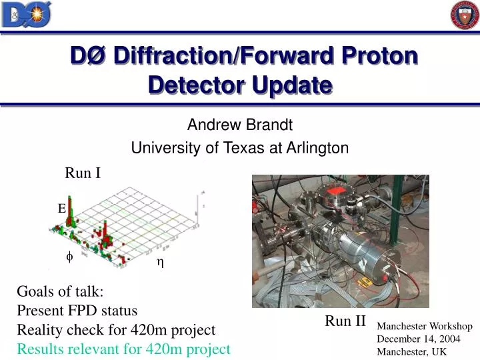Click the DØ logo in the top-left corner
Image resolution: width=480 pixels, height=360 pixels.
(x=27, y=15)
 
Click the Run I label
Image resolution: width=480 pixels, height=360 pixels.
(x=82, y=173)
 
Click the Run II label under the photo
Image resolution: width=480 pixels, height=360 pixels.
(x=345, y=321)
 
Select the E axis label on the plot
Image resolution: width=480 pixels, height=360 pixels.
(x=61, y=209)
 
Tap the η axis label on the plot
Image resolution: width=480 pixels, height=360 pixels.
(x=160, y=262)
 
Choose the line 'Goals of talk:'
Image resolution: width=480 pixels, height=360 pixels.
(x=60, y=291)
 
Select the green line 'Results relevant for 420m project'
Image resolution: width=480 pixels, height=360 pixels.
(x=123, y=349)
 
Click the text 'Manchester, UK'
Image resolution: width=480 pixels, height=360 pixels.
(x=412, y=351)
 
